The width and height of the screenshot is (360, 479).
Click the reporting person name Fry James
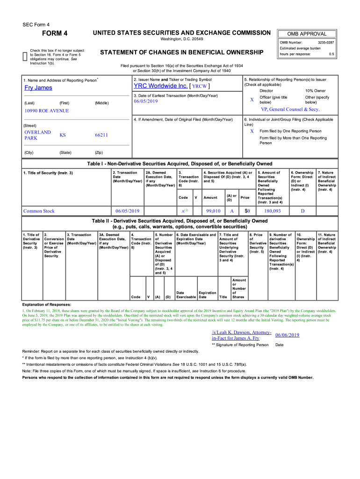click(x=38, y=88)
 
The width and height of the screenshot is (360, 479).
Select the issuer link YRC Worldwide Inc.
click(x=160, y=86)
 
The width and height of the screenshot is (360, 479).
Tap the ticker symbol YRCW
click(x=200, y=87)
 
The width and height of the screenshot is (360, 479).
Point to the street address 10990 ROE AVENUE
click(x=46, y=111)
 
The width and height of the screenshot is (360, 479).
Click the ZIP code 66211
click(x=101, y=135)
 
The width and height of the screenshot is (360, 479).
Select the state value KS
click(x=63, y=135)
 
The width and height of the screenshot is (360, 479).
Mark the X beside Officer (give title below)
click(x=252, y=100)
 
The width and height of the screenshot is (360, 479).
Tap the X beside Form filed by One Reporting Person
click(x=252, y=131)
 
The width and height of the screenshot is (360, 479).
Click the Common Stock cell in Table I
click(x=39, y=211)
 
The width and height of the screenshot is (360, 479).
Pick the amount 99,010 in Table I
click(x=213, y=211)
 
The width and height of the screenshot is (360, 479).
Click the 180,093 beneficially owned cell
click(x=272, y=211)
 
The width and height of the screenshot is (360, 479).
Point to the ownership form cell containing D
click(x=302, y=211)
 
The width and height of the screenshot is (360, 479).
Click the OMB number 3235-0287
click(x=325, y=43)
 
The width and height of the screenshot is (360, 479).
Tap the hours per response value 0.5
click(x=331, y=54)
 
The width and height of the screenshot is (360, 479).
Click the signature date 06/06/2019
click(x=287, y=335)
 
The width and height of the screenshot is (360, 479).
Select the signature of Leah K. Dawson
click(x=241, y=335)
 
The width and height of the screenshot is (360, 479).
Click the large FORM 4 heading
click(x=55, y=33)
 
